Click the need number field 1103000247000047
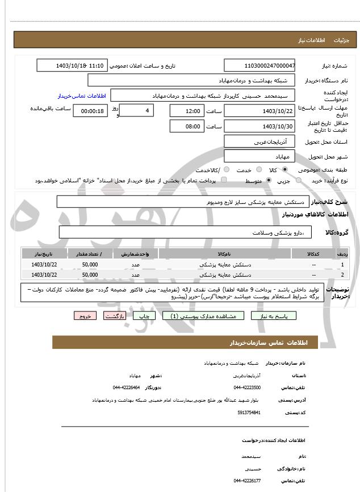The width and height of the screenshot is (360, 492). pyautogui.click(x=260, y=65)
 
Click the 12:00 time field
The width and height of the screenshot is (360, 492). pyautogui.click(x=186, y=111)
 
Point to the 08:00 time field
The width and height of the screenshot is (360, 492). pyautogui.click(x=186, y=126)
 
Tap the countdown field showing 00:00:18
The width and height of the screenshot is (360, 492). pyautogui.click(x=89, y=111)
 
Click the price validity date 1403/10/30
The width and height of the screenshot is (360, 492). pyautogui.click(x=260, y=126)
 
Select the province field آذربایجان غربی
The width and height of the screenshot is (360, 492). pyautogui.click(x=260, y=141)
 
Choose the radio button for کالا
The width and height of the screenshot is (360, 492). pyautogui.click(x=284, y=170)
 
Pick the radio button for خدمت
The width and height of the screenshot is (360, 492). pyautogui.click(x=258, y=170)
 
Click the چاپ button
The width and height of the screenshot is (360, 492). pyautogui.click(x=145, y=316)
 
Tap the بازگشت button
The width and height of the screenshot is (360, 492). pyautogui.click(x=115, y=316)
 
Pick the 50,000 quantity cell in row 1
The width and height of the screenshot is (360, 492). pyautogui.click(x=90, y=264)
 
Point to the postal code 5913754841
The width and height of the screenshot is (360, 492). pyautogui.click(x=249, y=412)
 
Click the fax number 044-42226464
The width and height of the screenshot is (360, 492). pyautogui.click(x=126, y=387)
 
